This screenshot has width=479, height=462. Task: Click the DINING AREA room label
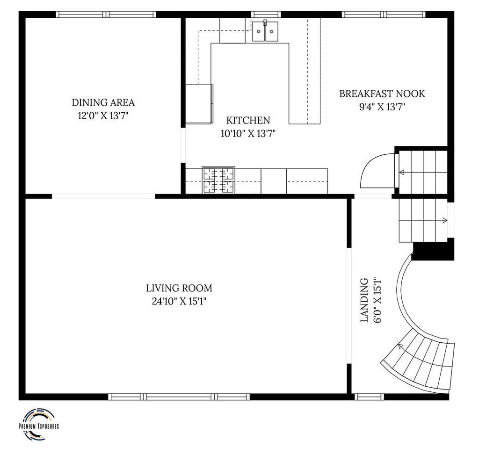click(103, 102)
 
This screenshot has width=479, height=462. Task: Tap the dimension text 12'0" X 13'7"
click(103, 115)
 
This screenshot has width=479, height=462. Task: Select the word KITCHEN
click(248, 120)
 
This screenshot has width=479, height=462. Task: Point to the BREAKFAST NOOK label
click(382, 94)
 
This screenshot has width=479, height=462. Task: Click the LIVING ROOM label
click(179, 288)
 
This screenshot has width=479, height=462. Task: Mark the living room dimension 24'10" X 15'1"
click(179, 302)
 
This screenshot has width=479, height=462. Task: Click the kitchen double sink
click(265, 31)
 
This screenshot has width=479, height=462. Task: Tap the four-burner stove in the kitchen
click(218, 180)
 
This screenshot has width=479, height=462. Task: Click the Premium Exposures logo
click(39, 425)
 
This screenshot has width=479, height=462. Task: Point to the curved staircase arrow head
click(400, 346)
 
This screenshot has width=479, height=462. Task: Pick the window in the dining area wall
click(106, 14)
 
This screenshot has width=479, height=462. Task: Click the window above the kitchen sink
click(266, 14)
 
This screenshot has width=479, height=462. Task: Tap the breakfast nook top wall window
click(384, 14)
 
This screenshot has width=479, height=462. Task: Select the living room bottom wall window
click(179, 397)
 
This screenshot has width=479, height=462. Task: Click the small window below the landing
click(369, 397)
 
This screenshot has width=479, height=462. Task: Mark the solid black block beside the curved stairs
click(433, 249)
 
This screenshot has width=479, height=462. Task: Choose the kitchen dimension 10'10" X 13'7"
click(248, 133)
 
